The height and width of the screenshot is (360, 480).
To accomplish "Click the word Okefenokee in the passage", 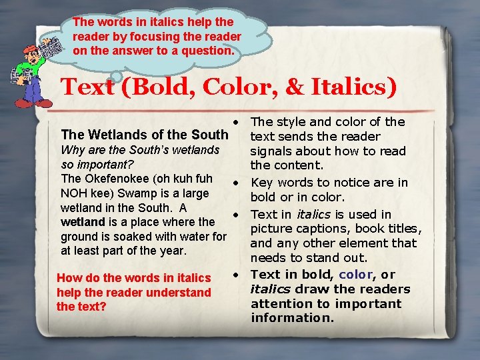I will tap(114, 179).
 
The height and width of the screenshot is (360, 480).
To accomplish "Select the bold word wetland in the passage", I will tap(83, 222).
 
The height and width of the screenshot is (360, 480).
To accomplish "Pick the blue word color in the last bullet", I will tap(356, 275).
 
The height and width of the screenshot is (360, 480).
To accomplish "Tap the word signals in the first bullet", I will tap(273, 151).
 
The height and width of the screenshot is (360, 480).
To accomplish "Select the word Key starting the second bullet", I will tap(262, 183).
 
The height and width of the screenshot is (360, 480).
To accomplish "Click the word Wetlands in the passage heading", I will tap(132, 136).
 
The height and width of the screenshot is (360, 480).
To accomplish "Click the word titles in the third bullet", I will tap(398, 229).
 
